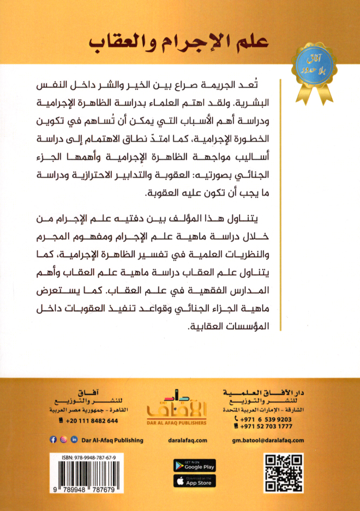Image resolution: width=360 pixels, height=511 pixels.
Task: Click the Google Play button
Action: click(194, 466)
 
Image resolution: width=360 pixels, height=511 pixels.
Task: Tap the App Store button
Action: click(194, 482)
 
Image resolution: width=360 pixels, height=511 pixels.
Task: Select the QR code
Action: click(283, 473)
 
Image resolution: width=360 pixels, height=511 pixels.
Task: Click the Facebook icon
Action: click(53, 440)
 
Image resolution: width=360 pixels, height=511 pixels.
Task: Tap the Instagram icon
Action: click(63, 440)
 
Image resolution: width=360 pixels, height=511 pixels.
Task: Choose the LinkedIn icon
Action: click(74, 440)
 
